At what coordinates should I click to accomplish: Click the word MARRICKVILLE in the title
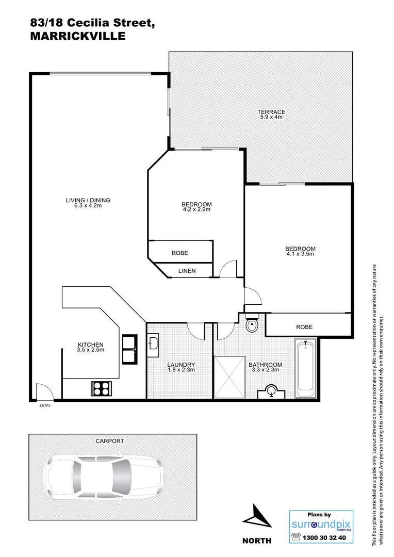click(77, 36)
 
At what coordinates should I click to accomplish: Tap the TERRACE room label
click(272, 112)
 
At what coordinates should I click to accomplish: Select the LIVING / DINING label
click(88, 200)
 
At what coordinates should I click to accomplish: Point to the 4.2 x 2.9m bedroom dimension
click(197, 210)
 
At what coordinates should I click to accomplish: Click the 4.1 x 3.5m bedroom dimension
click(300, 254)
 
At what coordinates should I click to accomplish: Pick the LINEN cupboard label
click(187, 271)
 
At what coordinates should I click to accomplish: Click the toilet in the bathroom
click(251, 325)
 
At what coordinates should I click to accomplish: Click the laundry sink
click(153, 343)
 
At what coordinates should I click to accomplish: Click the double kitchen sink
click(129, 350)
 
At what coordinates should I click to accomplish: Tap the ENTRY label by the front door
click(45, 406)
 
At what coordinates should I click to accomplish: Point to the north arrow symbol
click(256, 516)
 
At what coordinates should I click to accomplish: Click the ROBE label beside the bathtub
click(304, 327)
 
